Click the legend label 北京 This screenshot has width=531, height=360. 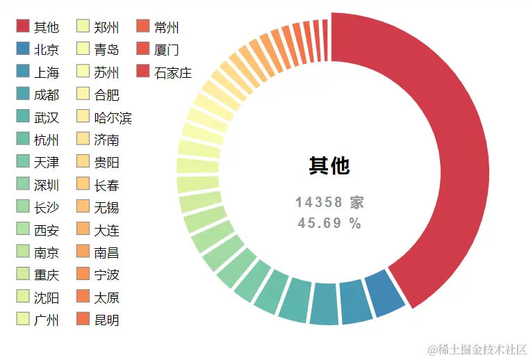(47, 49)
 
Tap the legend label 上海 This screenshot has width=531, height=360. (47, 72)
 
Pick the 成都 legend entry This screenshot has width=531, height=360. (47, 95)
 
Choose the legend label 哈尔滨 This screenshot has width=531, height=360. (113, 118)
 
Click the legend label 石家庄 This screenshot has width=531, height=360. (173, 72)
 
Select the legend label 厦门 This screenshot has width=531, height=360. (167, 49)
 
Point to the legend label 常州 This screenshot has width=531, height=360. (167, 27)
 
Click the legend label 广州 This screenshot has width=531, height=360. (47, 320)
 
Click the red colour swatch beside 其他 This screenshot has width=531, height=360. (23, 26)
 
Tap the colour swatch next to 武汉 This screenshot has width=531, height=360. (23, 117)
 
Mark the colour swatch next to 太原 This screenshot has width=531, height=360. (83, 297)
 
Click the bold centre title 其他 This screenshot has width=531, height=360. (329, 165)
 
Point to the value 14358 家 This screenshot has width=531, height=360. (329, 202)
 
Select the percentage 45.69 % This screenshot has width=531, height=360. (329, 223)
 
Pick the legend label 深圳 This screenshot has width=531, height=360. (47, 185)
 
